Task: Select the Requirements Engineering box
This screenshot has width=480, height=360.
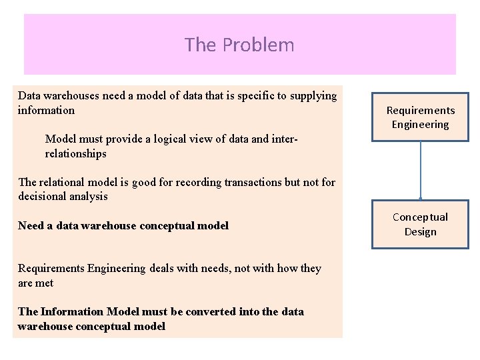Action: [x=420, y=117]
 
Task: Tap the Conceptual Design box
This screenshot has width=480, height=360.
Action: [x=420, y=225]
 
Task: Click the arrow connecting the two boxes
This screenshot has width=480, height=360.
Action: [x=421, y=170]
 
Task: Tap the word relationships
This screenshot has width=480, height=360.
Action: [x=75, y=154]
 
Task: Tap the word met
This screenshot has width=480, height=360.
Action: [x=45, y=283]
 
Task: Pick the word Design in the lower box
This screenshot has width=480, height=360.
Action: [x=420, y=232]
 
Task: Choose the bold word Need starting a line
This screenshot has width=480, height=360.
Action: [x=31, y=225]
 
